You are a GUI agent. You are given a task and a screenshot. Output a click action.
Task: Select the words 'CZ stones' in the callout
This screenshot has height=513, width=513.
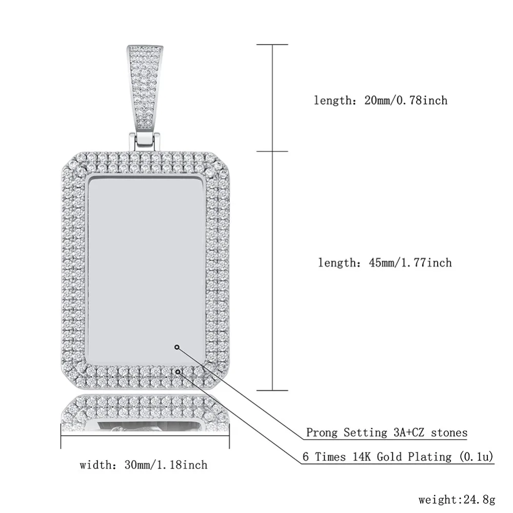[441, 432]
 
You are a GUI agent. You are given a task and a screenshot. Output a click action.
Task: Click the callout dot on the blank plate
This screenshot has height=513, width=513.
[177, 347]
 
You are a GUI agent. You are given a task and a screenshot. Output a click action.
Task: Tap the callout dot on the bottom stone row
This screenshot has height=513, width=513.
[178, 371]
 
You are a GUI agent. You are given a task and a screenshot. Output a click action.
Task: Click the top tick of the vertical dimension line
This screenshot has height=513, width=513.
[272, 45]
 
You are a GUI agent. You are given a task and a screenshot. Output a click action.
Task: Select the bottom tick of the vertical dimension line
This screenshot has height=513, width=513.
[272, 390]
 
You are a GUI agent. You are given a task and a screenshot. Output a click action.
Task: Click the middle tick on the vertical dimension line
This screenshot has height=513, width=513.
[272, 151]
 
